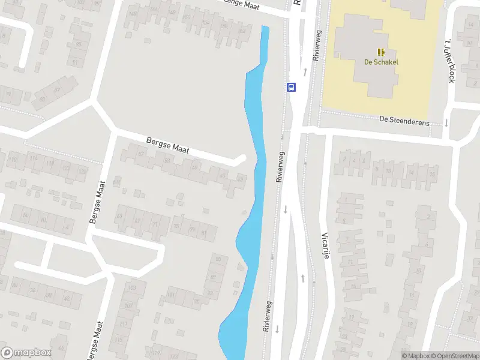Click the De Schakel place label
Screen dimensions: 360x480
pos(381,62)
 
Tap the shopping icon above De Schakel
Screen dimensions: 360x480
pos(381,52)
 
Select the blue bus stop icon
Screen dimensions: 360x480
pos(292,87)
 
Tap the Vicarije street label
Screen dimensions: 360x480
pos(326,245)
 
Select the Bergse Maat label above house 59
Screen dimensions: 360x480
pos(167,145)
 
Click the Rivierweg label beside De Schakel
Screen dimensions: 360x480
pos(316,46)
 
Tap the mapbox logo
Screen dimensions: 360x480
pos(26,353)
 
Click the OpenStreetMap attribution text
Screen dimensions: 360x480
pos(454,356)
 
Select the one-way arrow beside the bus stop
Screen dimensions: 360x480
pos(305,72)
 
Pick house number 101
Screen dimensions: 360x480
pos(170,295)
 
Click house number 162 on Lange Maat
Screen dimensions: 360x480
pos(242,30)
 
